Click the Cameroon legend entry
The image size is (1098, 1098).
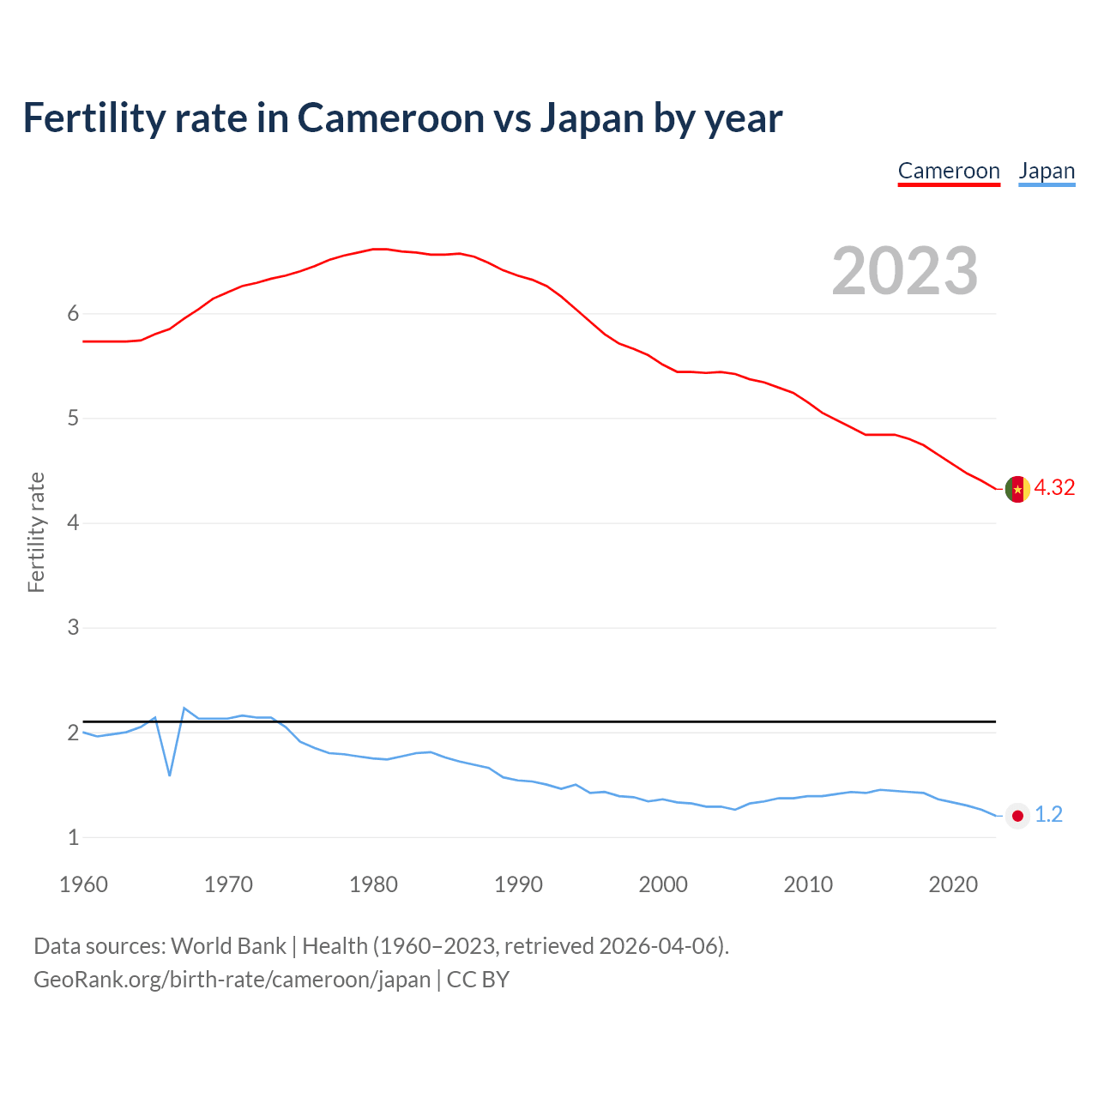click(x=949, y=171)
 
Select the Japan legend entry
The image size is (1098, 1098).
click(x=1047, y=171)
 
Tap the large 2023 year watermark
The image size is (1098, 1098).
click(x=905, y=271)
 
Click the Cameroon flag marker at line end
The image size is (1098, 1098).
click(x=1017, y=489)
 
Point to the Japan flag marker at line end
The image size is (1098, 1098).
click(x=1017, y=816)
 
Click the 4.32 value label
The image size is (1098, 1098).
click(x=1054, y=488)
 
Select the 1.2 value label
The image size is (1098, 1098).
click(x=1048, y=815)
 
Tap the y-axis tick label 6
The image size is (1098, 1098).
click(x=73, y=314)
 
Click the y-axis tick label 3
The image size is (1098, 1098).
click(x=73, y=628)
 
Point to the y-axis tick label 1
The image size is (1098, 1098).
click(x=73, y=837)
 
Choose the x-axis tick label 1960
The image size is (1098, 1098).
click(x=83, y=884)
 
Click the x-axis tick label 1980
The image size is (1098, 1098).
click(x=373, y=884)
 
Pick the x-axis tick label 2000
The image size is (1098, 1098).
click(x=663, y=884)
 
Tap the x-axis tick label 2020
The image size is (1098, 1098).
click(x=953, y=884)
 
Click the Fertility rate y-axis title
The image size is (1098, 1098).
click(x=36, y=532)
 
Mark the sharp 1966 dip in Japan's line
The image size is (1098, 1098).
click(x=170, y=775)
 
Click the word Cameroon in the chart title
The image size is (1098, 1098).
click(x=391, y=118)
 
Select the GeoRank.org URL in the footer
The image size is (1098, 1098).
click(x=232, y=980)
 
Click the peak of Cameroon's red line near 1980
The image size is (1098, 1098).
click(x=378, y=249)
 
